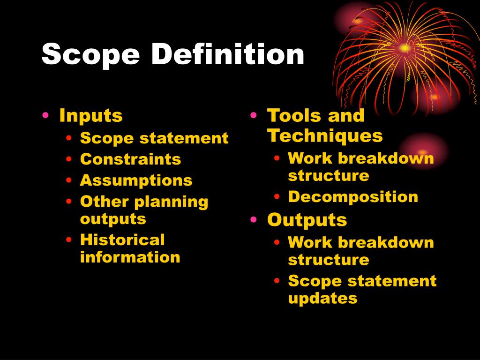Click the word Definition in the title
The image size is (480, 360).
[x=228, y=54]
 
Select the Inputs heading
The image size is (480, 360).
[x=91, y=115]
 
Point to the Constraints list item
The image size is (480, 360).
[x=130, y=159]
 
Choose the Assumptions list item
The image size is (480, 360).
[x=136, y=180]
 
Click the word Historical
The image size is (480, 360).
[x=122, y=240]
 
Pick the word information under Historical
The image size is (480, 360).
[x=130, y=257]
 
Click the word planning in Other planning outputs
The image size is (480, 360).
[x=171, y=202]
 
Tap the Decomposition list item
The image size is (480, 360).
[x=353, y=196]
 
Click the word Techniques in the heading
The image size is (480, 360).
[x=325, y=136]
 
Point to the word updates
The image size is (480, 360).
[x=322, y=298]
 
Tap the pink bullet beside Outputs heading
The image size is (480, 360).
[x=254, y=220]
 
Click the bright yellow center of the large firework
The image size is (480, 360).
[x=404, y=47]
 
